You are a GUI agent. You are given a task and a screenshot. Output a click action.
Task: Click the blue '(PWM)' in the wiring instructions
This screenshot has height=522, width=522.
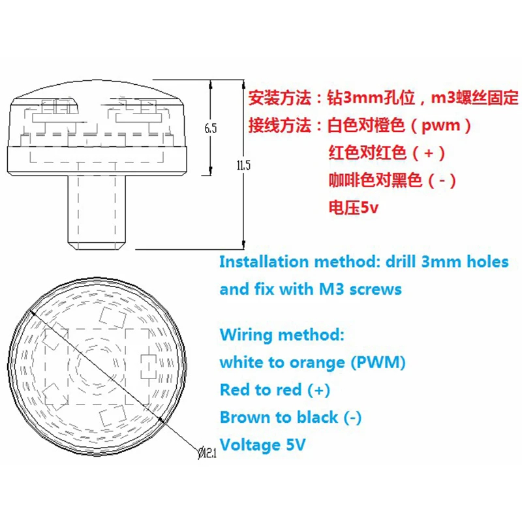coord(382,362)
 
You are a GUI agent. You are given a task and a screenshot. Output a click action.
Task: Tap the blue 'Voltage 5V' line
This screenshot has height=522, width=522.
coord(262,445)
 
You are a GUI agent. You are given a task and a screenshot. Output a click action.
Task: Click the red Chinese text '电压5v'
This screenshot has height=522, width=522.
coord(353,209)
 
